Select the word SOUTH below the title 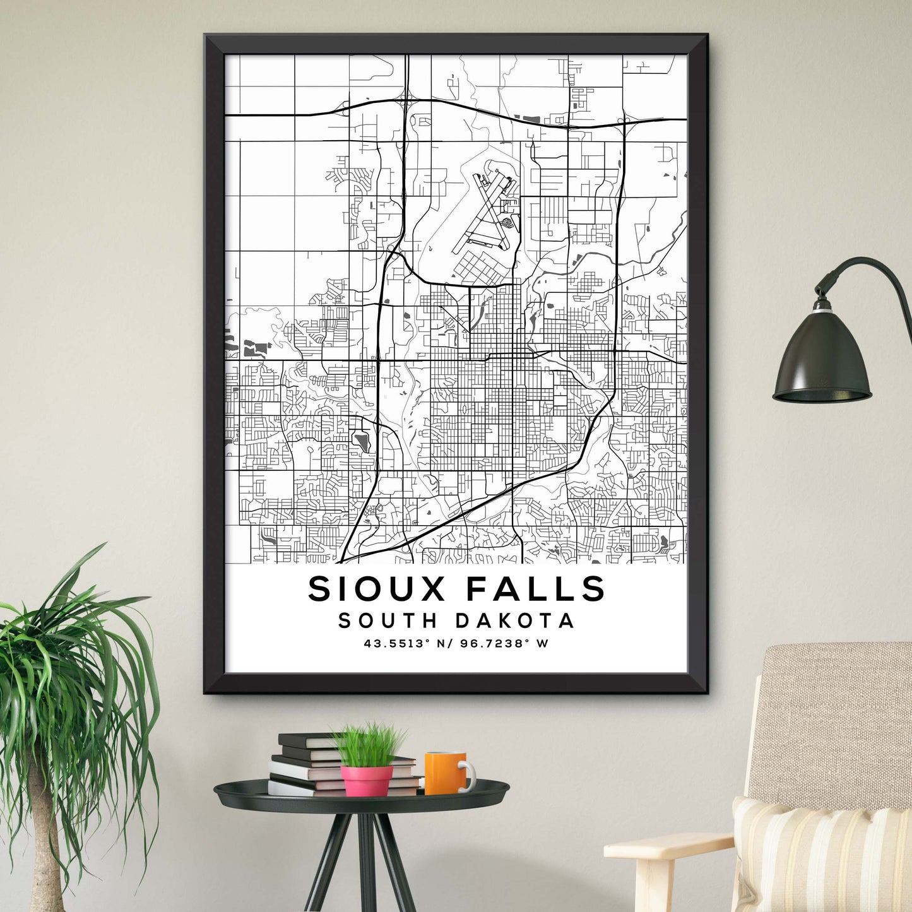pos(388,621)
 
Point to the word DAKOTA pos(515,621)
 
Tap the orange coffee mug pos(446,773)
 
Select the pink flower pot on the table pos(367,779)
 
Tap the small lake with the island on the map pos(362,440)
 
